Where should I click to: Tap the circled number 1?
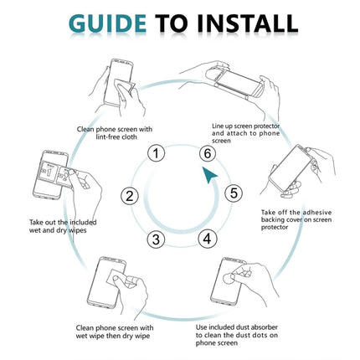pos(155,152)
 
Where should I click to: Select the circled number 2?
pos(130,196)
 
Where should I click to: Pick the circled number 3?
pos(155,239)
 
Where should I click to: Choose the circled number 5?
pos(234,193)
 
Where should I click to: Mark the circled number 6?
pos(207,152)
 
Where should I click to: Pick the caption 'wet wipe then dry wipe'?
pos(114,332)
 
